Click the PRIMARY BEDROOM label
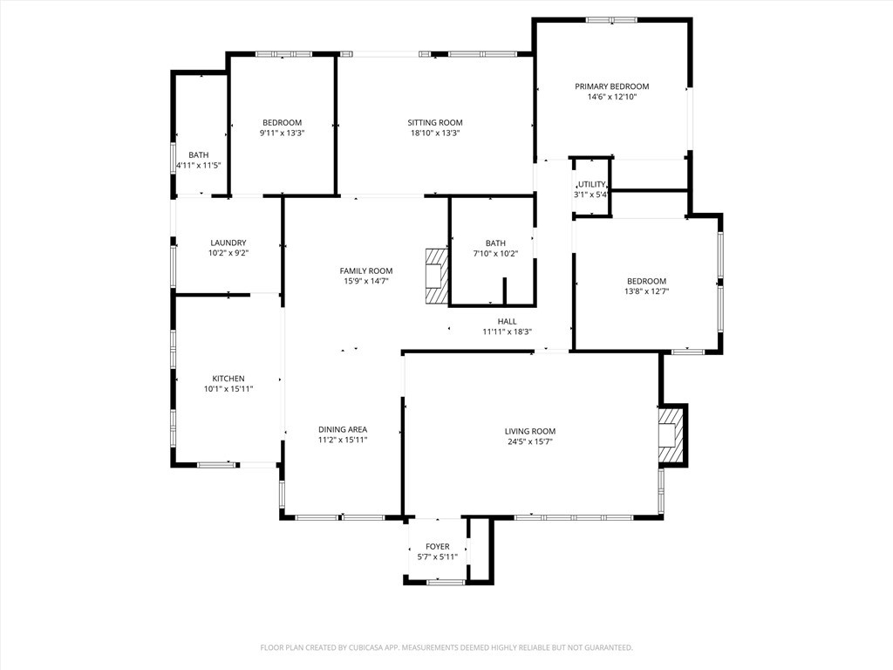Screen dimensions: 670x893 [611, 86]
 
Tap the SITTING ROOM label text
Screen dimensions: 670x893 [435, 122]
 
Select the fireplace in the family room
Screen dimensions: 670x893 [436, 276]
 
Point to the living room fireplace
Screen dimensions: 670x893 [670, 434]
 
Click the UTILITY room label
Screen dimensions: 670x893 [590, 184]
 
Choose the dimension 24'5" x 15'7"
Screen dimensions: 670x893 [529, 442]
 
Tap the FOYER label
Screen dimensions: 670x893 [438, 547]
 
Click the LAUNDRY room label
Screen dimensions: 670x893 [228, 243]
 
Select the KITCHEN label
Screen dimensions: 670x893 [228, 379]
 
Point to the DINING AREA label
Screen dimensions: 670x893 [343, 429]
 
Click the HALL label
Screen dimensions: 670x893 [507, 321]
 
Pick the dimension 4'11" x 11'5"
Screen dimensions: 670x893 [199, 165]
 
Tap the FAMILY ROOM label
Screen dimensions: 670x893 [366, 270]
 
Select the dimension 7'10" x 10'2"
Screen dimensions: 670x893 [495, 254]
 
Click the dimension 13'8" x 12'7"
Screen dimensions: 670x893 [646, 291]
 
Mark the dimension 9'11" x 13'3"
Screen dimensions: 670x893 [282, 133]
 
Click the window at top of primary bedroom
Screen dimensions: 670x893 [610, 20]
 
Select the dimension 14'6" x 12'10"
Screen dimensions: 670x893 [611, 97]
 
